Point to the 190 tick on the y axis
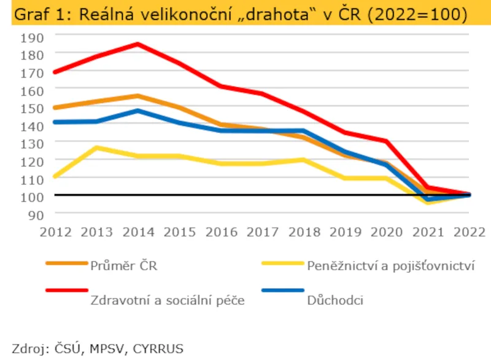tap(31, 36)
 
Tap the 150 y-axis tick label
tap(31, 108)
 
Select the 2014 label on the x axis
tap(137, 232)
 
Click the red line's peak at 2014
tap(137, 44)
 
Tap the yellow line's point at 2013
tap(96, 147)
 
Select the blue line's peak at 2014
tap(137, 111)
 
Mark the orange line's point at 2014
tap(137, 96)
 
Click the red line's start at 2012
tap(55, 72)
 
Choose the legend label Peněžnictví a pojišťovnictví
tap(390, 266)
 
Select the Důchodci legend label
tap(335, 300)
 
